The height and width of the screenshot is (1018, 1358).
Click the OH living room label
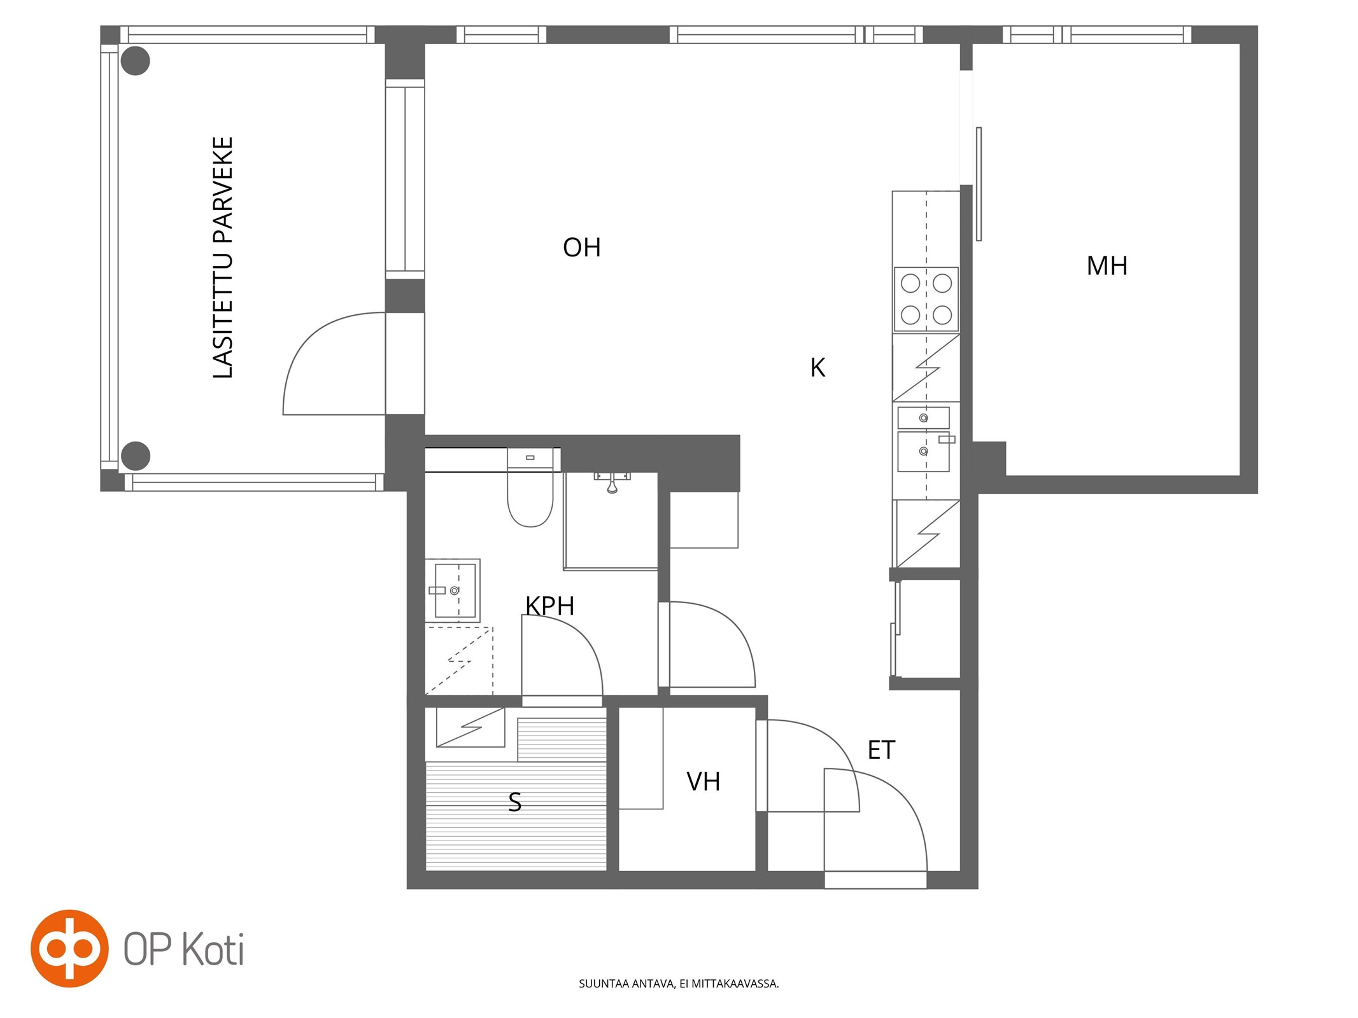coord(581,248)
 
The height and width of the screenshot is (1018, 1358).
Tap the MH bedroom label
coord(1107,266)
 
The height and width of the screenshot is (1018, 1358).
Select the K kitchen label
coord(817,368)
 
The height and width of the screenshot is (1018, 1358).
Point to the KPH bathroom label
coord(549,606)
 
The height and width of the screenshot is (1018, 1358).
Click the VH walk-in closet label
coord(703,781)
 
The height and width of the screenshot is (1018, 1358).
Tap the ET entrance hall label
coord(881,750)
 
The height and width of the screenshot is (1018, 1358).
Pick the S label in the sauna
coord(514,802)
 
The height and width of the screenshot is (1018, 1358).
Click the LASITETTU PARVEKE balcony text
coord(223,258)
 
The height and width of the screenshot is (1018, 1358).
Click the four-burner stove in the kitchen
coord(926,299)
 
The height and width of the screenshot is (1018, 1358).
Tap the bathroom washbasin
coord(452,590)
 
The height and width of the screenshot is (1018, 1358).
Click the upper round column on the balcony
coord(135,61)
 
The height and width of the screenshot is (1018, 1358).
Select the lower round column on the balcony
coord(135,456)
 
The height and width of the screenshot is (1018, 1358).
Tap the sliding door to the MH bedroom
coord(979,184)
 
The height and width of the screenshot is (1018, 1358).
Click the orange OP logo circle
coord(69,948)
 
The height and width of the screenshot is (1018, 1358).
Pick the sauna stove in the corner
coord(470,727)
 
